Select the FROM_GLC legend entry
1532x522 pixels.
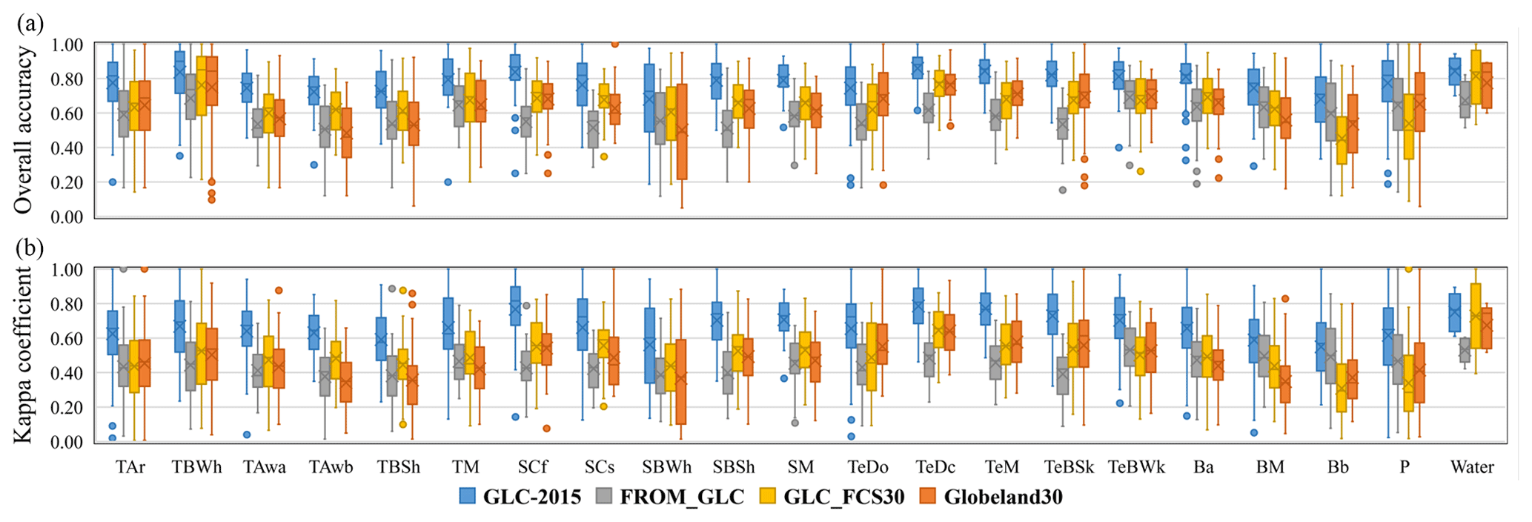click(x=670, y=497)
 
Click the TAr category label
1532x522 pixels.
click(x=130, y=467)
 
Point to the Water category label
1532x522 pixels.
click(x=1472, y=467)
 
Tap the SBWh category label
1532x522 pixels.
click(x=667, y=467)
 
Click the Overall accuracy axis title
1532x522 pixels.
click(x=24, y=130)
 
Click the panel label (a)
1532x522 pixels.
click(x=30, y=24)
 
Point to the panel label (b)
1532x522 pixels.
click(x=30, y=247)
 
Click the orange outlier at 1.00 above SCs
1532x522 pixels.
click(x=614, y=44)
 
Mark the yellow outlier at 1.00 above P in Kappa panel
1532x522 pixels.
click(x=1408, y=269)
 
